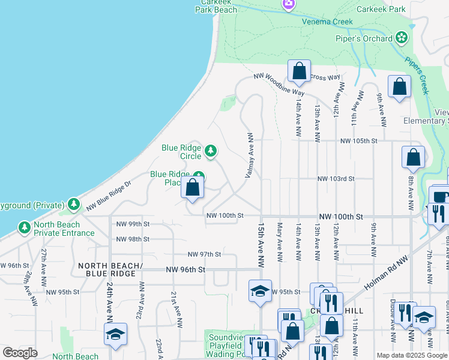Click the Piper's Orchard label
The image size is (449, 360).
363,39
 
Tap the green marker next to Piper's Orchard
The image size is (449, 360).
402,39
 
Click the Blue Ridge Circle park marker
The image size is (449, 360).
211,151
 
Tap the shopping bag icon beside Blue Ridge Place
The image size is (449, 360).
192,188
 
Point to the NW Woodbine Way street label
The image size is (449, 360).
279,84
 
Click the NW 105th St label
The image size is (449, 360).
358,140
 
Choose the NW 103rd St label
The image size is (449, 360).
336,179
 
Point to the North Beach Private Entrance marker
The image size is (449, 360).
24,228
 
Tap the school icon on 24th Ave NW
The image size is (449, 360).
115,335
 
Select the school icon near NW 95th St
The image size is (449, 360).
260,290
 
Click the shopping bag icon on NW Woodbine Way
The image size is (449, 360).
298,71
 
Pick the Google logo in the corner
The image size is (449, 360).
20,353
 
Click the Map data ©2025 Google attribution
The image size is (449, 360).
412,355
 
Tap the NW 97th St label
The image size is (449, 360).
205,254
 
